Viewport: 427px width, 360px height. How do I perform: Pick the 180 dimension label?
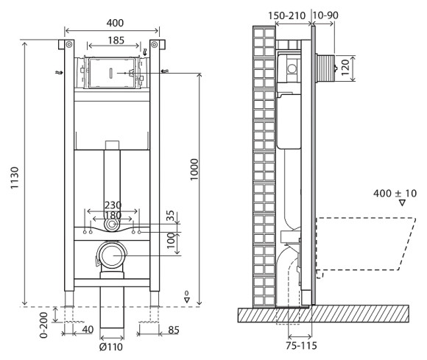(112, 216)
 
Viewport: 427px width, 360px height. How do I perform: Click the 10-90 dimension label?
(325, 14)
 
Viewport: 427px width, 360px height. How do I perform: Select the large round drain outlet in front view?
(113, 256)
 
